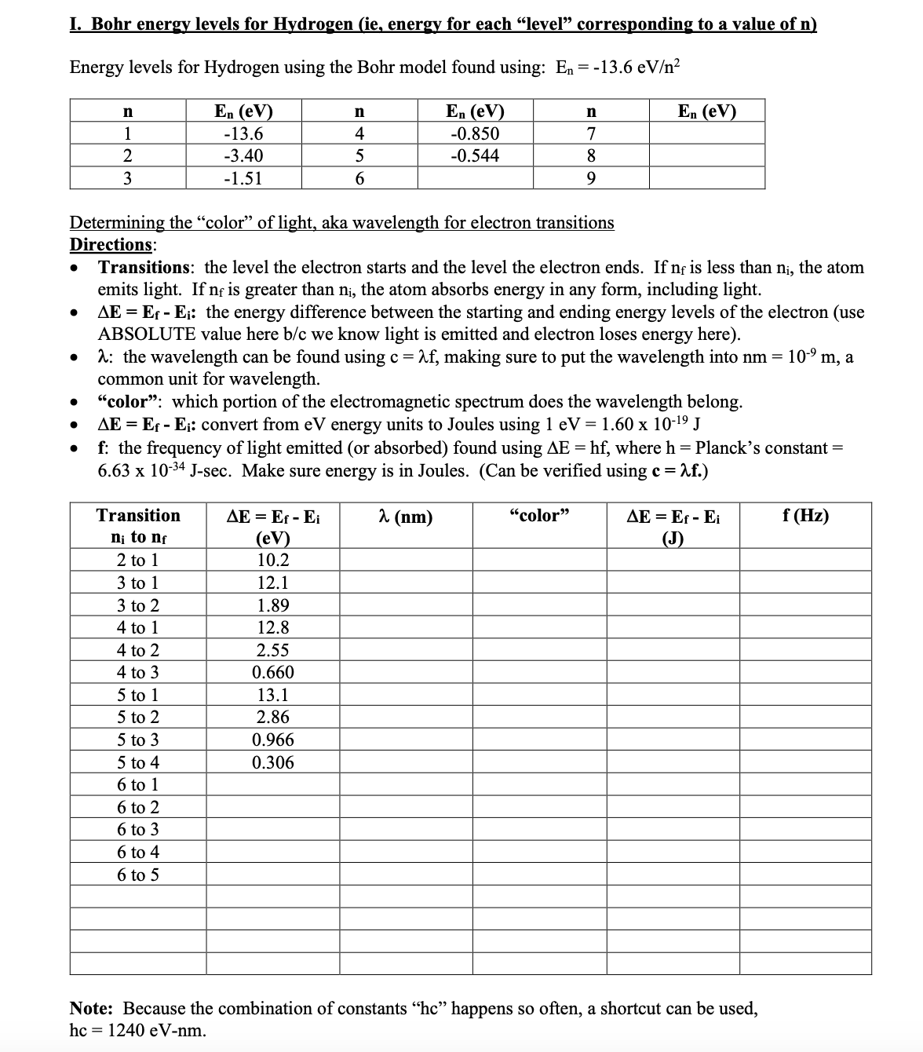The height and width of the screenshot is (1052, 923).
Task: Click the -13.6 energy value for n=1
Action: (243, 133)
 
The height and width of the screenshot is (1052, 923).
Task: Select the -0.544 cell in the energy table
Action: (475, 155)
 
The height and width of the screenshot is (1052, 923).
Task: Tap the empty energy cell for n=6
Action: (475, 178)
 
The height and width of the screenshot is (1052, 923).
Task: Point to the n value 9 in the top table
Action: (591, 178)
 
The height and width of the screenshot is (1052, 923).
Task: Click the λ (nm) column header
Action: (405, 517)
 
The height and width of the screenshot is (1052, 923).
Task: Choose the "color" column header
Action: (538, 516)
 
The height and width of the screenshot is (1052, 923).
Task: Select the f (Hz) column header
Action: (804, 516)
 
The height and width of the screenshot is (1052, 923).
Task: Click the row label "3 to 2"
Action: (137, 605)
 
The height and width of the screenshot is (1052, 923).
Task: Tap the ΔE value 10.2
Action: (272, 561)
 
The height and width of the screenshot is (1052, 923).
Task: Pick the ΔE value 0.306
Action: (272, 762)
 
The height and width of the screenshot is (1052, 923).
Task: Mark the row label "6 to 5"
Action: (137, 875)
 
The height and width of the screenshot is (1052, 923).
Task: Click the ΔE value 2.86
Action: (272, 717)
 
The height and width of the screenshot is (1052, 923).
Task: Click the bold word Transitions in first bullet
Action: (144, 267)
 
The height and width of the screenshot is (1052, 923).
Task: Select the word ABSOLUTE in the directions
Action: (146, 334)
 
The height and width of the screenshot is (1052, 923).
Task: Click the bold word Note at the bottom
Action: (91, 1008)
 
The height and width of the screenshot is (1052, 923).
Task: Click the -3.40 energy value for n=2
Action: (243, 155)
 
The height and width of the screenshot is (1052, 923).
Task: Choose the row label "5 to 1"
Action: (137, 695)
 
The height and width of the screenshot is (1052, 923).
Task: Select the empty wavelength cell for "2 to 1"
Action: (405, 561)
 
